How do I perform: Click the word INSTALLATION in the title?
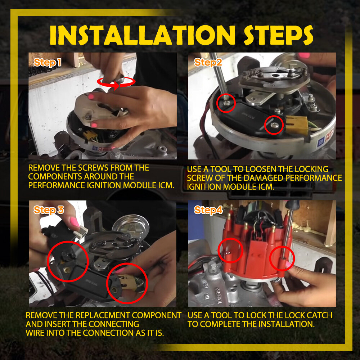point(142,35)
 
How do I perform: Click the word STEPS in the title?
point(278,35)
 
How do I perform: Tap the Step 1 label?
point(48,62)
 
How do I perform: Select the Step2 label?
point(208,62)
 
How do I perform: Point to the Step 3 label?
point(49,210)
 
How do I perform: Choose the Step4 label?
point(208,210)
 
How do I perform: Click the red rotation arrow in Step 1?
point(116,82)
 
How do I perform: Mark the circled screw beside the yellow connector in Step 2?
point(274,125)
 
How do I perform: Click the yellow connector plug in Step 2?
point(297,125)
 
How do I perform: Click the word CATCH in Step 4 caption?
point(320,315)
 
